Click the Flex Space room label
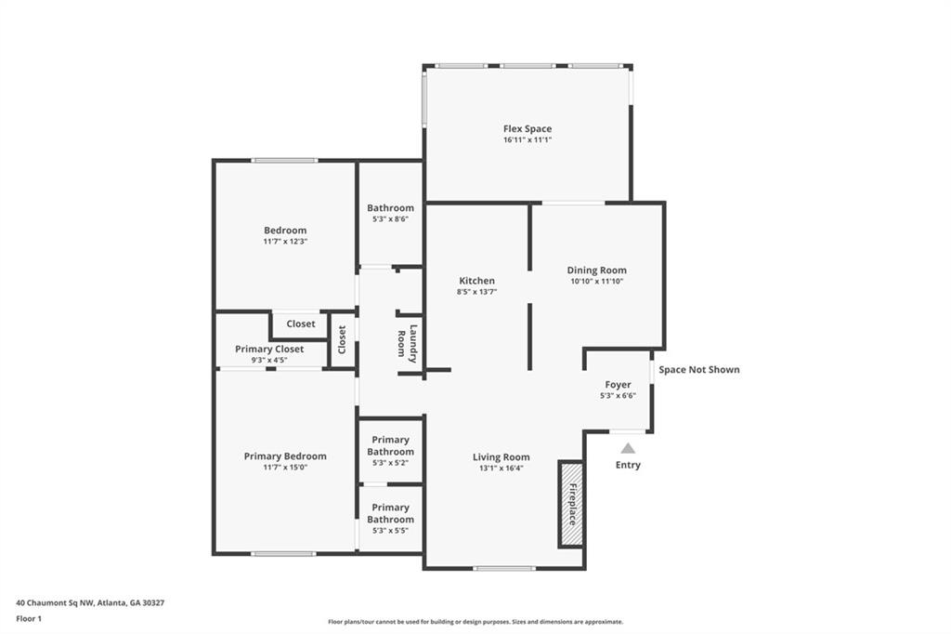pyautogui.click(x=528, y=128)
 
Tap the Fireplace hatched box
pyautogui.click(x=571, y=504)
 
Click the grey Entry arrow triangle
pyautogui.click(x=628, y=448)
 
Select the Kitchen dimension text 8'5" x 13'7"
pyautogui.click(x=476, y=292)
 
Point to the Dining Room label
pyautogui.click(x=597, y=271)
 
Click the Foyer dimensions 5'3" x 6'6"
pyautogui.click(x=618, y=395)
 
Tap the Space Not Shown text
pyautogui.click(x=699, y=369)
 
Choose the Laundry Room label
pyautogui.click(x=407, y=344)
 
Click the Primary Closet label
pyautogui.click(x=269, y=350)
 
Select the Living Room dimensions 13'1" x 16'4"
pyautogui.click(x=501, y=468)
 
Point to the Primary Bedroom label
pyautogui.click(x=285, y=456)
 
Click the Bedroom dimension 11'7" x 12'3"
pyautogui.click(x=285, y=241)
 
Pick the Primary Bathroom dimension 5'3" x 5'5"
pyautogui.click(x=391, y=530)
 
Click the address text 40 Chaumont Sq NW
pyautogui.click(x=55, y=603)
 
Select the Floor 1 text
pyautogui.click(x=29, y=619)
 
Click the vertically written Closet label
pyautogui.click(x=342, y=340)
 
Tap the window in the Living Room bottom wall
pyautogui.click(x=504, y=568)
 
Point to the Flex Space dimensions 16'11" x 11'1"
pyautogui.click(x=528, y=139)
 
